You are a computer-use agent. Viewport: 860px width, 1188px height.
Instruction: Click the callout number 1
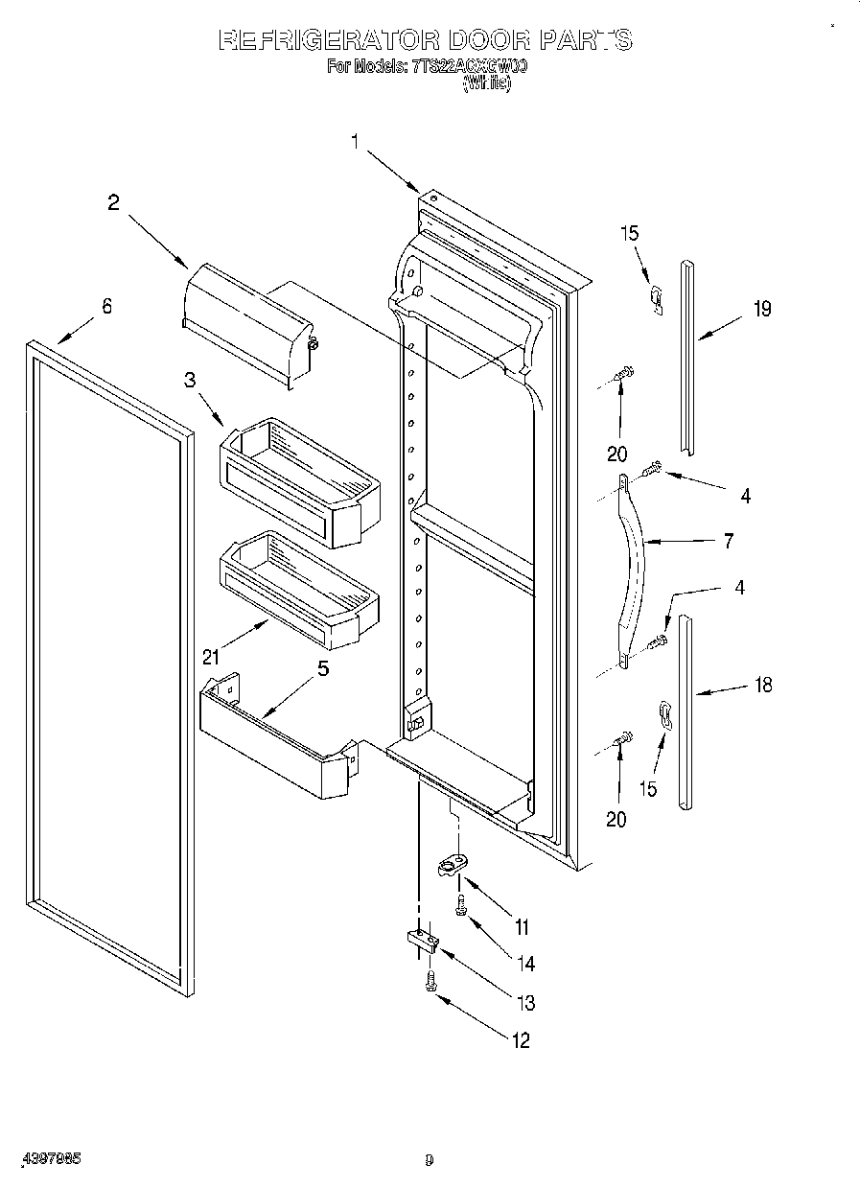point(355,143)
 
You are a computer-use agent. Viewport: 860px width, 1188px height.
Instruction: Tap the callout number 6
point(106,306)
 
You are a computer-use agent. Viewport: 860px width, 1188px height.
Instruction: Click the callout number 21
point(211,657)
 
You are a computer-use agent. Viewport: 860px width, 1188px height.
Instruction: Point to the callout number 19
point(762,309)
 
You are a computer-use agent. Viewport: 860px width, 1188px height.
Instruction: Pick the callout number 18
point(763,685)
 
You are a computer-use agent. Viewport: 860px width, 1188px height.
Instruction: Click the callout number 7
point(729,542)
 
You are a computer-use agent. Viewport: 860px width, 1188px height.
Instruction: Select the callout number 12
point(520,1040)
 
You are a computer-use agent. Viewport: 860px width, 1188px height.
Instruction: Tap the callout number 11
point(522,927)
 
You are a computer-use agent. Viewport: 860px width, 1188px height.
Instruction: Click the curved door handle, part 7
point(634,566)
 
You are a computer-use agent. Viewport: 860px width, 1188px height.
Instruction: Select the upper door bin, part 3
point(297,479)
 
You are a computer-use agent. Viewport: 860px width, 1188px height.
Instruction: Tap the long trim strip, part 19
point(687,355)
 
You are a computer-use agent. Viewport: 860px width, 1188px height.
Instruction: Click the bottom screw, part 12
point(430,980)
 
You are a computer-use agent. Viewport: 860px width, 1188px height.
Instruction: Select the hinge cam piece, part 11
point(451,868)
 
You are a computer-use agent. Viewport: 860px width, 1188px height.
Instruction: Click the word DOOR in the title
point(476,40)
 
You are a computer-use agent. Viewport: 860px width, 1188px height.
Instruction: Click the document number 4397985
point(48,1159)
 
